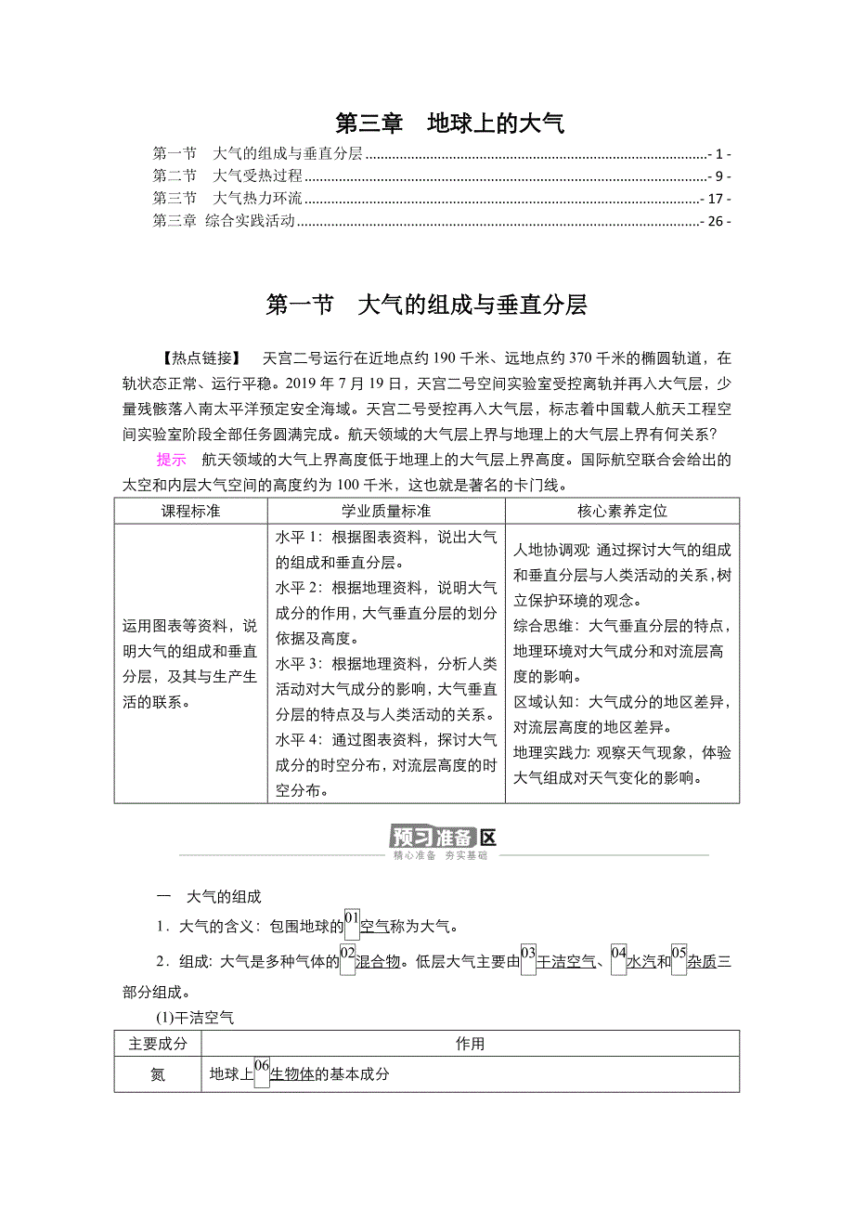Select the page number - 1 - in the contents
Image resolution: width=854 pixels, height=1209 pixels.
pyautogui.click(x=719, y=154)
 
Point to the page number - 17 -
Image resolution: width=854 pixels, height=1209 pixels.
pyautogui.click(x=716, y=199)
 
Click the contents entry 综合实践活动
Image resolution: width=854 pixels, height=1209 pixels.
pyautogui.click(x=250, y=221)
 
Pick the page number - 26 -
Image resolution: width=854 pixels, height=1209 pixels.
pyautogui.click(x=716, y=221)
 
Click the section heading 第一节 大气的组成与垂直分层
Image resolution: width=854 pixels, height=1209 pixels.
pyautogui.click(x=426, y=305)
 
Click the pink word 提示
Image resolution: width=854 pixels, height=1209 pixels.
pyautogui.click(x=171, y=460)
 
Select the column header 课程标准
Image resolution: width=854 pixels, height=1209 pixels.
pyautogui.click(x=190, y=511)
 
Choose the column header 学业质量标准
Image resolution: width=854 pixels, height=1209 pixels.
pyautogui.click(x=385, y=511)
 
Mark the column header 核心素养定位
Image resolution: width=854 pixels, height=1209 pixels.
pyautogui.click(x=622, y=511)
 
